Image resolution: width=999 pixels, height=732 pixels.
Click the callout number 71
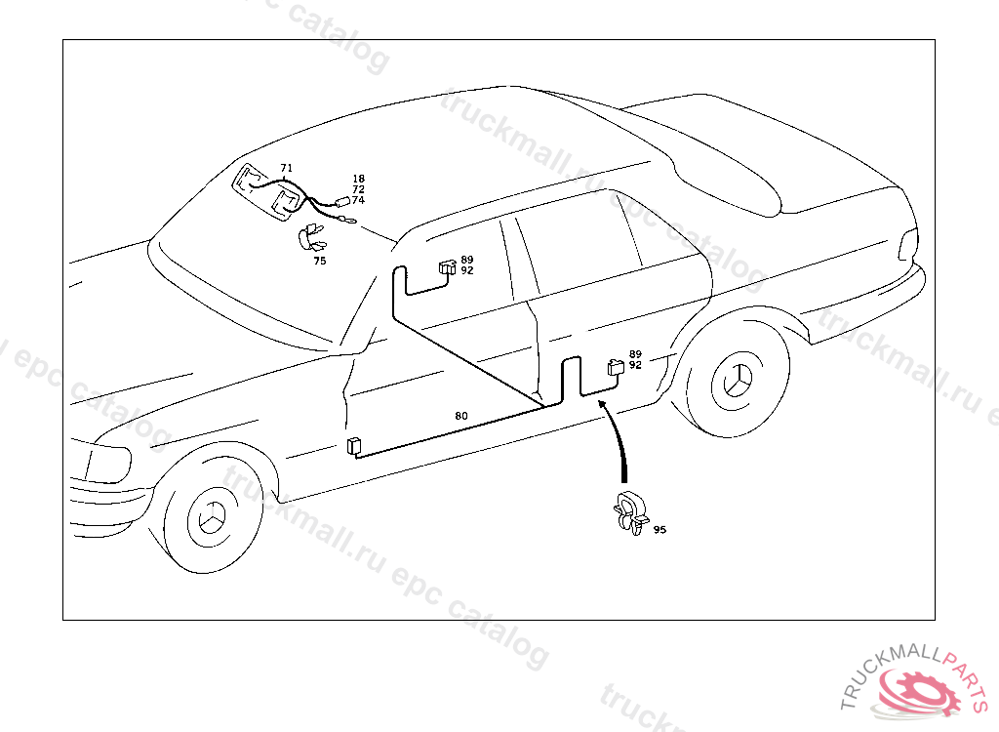tap(286, 168)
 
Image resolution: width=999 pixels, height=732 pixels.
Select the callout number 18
tap(358, 179)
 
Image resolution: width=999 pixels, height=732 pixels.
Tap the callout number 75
tap(320, 261)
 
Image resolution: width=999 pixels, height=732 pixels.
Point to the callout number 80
tap(460, 416)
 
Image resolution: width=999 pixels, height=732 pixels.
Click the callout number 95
tap(659, 530)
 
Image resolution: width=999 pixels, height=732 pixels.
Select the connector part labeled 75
tap(311, 237)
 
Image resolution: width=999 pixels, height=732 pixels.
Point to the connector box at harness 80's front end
tap(353, 447)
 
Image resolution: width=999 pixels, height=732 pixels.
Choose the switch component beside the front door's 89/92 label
tap(448, 265)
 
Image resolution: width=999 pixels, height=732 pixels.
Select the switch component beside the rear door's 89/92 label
tap(616, 367)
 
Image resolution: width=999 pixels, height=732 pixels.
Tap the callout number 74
tap(358, 200)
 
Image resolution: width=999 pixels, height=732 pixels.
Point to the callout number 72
tap(358, 189)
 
